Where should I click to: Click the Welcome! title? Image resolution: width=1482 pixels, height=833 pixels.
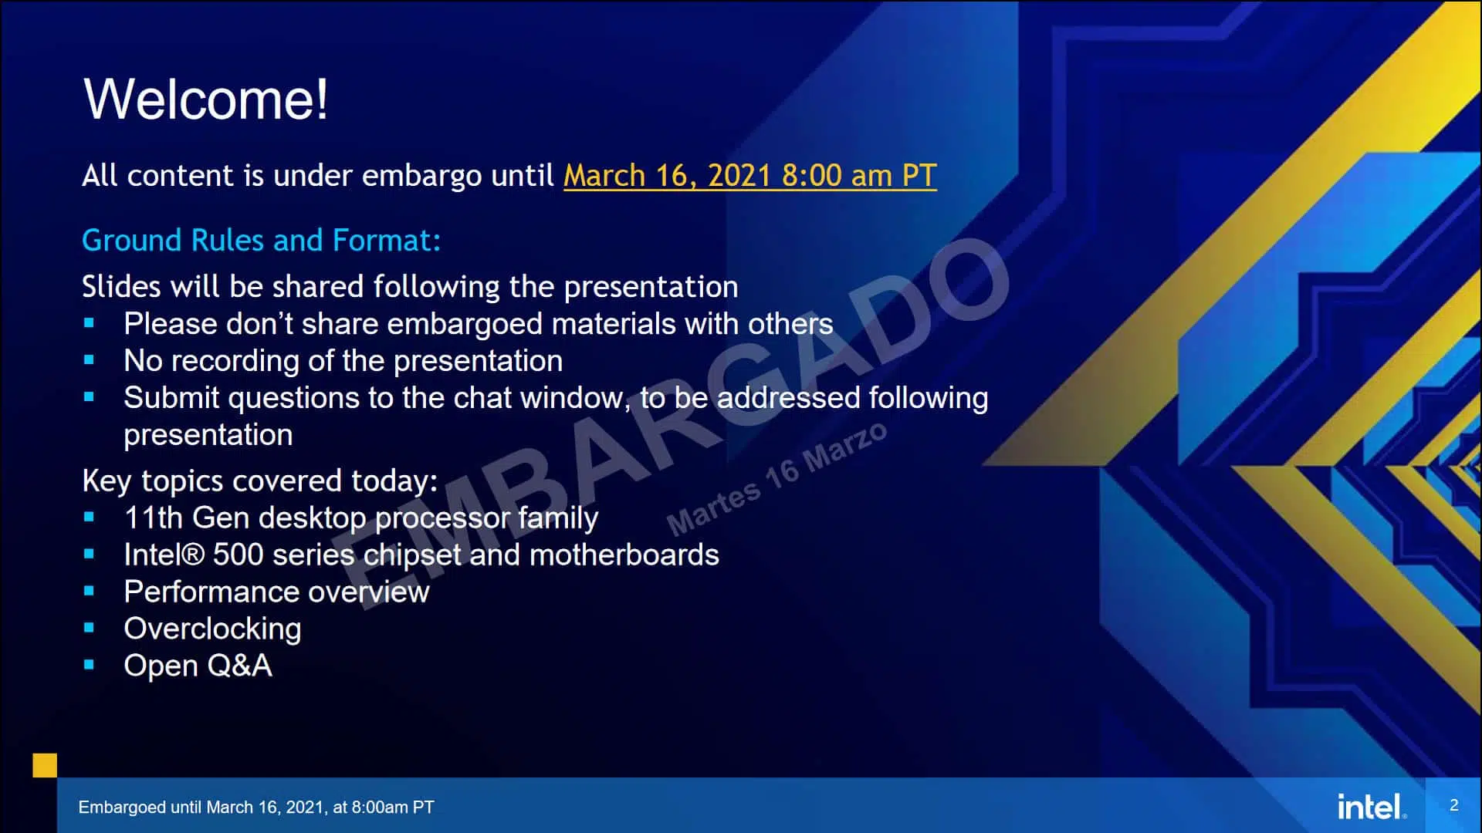point(205,99)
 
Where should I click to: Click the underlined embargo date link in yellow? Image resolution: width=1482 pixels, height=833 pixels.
point(750,176)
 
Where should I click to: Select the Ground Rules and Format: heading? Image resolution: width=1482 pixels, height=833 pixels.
point(262,241)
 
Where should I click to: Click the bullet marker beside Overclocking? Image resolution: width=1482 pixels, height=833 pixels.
point(89,628)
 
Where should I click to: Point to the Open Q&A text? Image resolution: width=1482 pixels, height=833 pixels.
point(198,666)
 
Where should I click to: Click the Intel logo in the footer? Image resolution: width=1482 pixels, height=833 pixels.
point(1372,806)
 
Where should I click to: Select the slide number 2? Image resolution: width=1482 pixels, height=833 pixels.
point(1454,805)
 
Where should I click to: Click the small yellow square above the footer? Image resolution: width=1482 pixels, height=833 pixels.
point(45,765)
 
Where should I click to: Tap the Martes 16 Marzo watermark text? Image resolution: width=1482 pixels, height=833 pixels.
point(777,479)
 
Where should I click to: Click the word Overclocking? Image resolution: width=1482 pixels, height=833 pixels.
point(213,629)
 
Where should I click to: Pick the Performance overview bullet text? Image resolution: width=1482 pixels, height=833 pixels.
point(277,592)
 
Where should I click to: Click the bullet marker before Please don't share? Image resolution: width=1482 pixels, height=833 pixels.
point(89,323)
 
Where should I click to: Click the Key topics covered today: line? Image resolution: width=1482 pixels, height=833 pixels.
point(260,481)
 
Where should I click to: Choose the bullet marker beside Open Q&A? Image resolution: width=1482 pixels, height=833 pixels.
point(89,665)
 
